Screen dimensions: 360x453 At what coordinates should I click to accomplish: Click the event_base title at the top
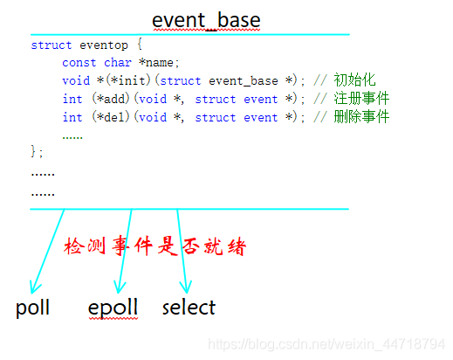pyautogui.click(x=206, y=20)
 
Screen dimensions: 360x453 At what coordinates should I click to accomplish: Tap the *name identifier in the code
pyautogui.click(x=161, y=63)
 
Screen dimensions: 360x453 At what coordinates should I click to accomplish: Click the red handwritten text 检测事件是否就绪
pyautogui.click(x=155, y=246)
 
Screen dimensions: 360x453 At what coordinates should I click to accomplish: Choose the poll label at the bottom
pyautogui.click(x=32, y=308)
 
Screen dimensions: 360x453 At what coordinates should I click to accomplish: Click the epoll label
pyautogui.click(x=113, y=308)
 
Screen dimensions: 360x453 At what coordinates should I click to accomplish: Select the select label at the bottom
pyautogui.click(x=189, y=308)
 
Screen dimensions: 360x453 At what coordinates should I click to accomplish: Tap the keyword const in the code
pyautogui.click(x=79, y=63)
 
